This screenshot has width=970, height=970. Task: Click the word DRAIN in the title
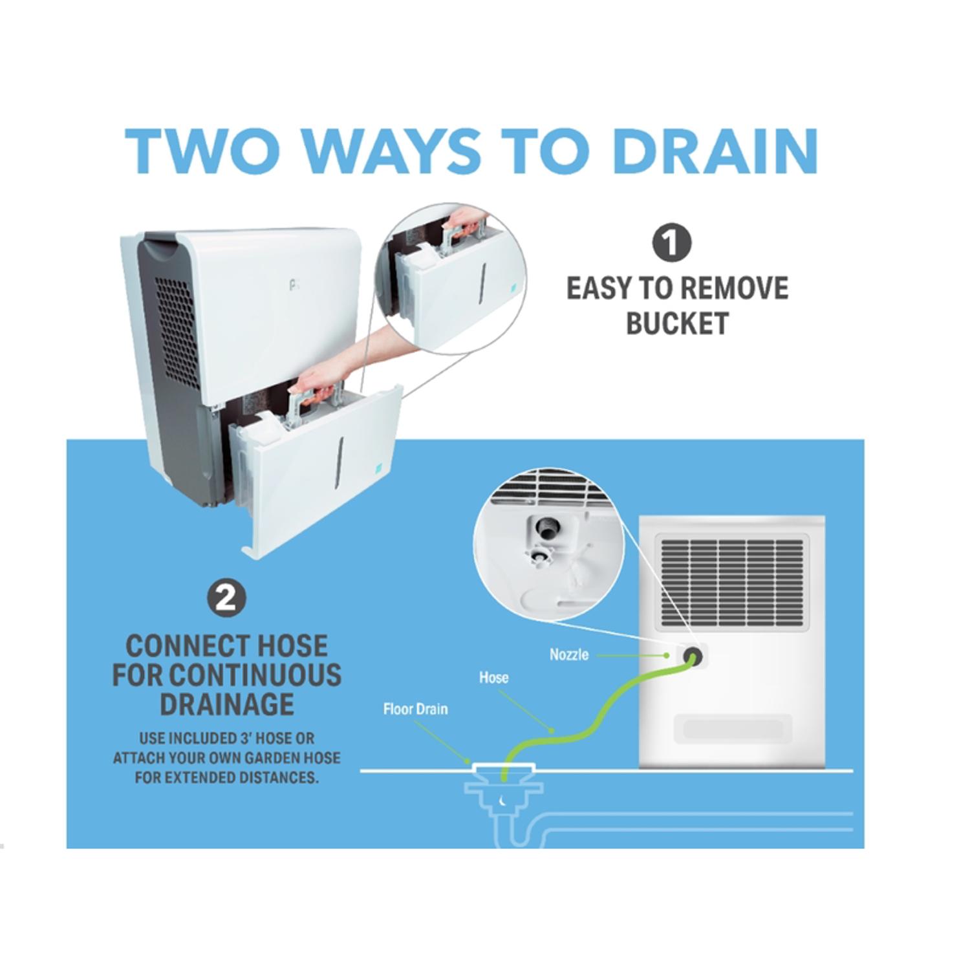click(715, 151)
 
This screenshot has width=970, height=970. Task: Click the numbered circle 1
click(671, 243)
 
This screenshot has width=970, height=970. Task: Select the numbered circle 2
click(226, 598)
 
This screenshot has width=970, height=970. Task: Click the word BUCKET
click(677, 323)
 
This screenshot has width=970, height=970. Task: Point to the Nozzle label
click(569, 654)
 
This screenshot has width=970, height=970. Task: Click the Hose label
click(493, 678)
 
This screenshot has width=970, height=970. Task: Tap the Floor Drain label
click(415, 709)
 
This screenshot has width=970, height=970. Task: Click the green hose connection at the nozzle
click(693, 658)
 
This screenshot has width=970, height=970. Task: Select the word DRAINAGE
click(226, 704)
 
